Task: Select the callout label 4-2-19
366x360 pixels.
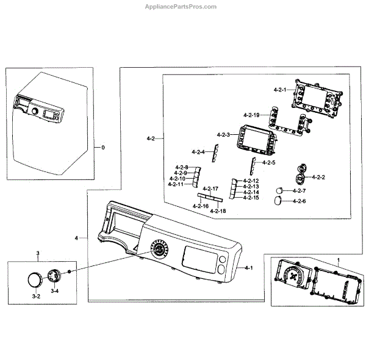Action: pos(251,115)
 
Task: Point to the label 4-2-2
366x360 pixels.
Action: pos(318,177)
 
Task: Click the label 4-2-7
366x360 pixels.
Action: pos(300,191)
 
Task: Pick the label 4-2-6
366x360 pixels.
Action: pos(300,201)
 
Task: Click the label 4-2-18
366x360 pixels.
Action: pos(218,211)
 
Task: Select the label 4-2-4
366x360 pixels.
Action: pos(198,151)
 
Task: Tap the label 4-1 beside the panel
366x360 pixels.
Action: pos(249,268)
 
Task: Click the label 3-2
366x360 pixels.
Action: pos(36,296)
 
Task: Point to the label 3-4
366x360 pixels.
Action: pos(55,292)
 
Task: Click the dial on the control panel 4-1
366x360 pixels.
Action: pos(159,250)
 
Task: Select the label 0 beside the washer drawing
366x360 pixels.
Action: pos(103,148)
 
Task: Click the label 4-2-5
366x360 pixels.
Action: pos(269,162)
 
